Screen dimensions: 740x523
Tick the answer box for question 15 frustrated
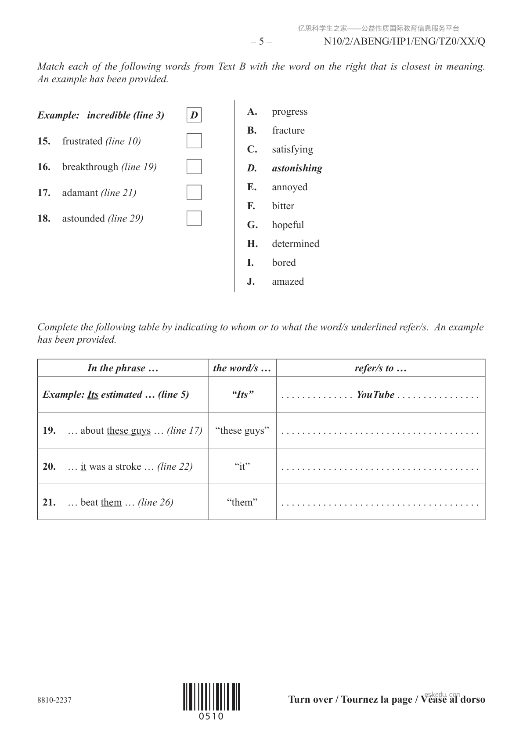click(194, 141)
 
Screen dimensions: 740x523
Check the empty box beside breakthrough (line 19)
click(194, 167)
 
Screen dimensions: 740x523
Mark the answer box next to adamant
click(194, 192)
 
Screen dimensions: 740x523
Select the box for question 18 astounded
click(194, 218)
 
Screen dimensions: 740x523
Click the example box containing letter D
click(194, 115)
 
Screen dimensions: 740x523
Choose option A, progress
click(289, 112)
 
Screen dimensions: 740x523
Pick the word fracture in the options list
click(288, 131)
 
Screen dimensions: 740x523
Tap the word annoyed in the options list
click(289, 187)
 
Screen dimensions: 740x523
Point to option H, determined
click(295, 244)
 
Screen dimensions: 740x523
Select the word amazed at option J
click(288, 282)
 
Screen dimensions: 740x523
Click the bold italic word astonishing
click(297, 168)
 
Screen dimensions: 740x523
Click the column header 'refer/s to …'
click(380, 368)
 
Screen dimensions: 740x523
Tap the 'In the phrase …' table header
click(123, 368)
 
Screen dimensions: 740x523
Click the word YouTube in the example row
click(375, 395)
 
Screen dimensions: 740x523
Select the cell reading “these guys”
click(242, 431)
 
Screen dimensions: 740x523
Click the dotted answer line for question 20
click(380, 468)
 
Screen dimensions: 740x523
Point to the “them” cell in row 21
click(242, 503)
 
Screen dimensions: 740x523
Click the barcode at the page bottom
click(212, 697)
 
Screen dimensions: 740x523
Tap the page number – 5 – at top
click(261, 42)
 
